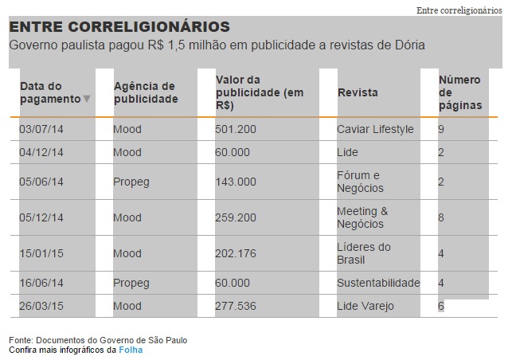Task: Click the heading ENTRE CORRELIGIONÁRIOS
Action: [119, 27]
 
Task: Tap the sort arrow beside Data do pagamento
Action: [87, 100]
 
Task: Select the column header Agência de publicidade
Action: [145, 92]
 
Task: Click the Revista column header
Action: [358, 93]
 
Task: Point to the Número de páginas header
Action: [459, 92]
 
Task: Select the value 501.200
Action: [236, 129]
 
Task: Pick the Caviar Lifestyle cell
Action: [375, 129]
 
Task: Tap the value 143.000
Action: [236, 182]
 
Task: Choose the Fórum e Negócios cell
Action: [360, 182]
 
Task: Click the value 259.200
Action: [236, 217]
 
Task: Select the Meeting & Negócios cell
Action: [362, 217]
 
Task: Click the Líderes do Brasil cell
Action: [364, 253]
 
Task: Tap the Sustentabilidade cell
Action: [378, 283]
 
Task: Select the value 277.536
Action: [236, 306]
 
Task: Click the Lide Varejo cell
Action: [365, 306]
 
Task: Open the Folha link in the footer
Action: [131, 350]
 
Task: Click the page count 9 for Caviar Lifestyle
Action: [441, 129]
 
